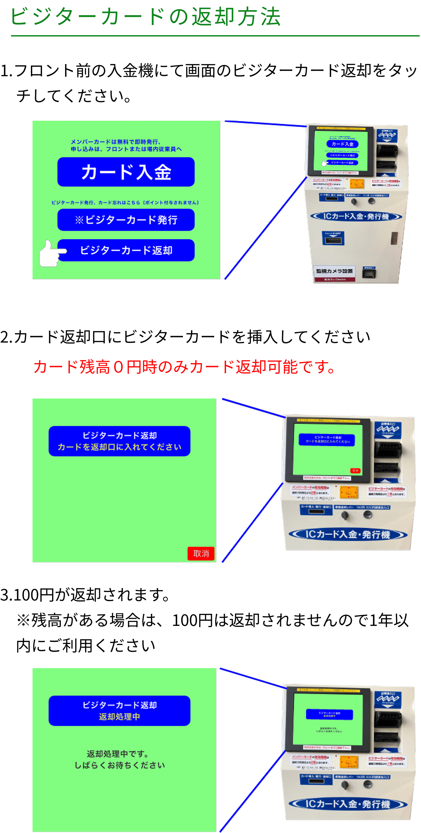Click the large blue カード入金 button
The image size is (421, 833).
point(126,172)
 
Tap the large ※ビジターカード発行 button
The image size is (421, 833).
point(126,220)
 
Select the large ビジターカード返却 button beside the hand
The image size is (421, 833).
point(126,250)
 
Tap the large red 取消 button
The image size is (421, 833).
point(201,554)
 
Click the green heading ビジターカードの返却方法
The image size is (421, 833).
point(145,17)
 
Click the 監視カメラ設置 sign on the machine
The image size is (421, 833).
point(334,271)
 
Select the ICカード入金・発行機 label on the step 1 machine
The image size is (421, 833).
point(356,217)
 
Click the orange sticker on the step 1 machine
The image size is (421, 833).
point(357,184)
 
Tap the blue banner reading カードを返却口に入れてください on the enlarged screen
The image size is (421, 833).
point(119,441)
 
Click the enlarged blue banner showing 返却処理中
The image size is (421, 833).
point(119,711)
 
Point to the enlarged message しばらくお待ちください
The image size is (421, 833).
point(120,765)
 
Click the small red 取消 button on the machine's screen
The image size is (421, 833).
point(355,471)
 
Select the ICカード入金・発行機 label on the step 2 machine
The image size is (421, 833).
point(347,534)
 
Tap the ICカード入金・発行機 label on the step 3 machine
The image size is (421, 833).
point(347,804)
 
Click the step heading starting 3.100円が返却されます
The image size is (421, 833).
point(85,595)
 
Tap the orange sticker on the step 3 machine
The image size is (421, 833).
point(349,762)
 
